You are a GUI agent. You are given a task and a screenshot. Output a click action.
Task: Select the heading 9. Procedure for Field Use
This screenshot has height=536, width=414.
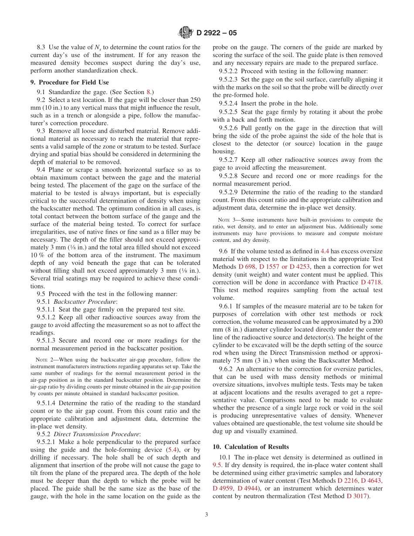click(69, 82)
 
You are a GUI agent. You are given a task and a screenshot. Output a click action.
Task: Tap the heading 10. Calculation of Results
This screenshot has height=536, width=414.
click(250, 447)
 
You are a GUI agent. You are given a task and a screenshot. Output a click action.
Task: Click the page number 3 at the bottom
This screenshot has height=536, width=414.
click(207, 514)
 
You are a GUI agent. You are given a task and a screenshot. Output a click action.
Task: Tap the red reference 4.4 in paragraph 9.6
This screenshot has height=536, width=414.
click(325, 251)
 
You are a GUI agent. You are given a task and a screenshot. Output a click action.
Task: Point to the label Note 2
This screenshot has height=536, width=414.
click(44, 360)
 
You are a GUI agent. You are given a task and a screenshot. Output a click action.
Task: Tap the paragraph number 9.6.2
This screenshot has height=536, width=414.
click(227, 370)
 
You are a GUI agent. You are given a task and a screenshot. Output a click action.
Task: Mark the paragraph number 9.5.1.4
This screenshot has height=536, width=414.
click(48, 403)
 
